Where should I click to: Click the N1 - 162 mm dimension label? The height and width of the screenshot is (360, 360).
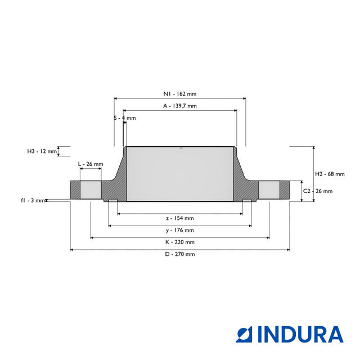[179, 94]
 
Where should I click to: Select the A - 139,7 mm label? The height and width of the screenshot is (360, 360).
[179, 106]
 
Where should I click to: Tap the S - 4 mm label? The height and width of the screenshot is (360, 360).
[125, 118]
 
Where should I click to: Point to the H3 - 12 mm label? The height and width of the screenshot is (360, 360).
[42, 151]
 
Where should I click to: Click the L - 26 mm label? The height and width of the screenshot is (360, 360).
[91, 164]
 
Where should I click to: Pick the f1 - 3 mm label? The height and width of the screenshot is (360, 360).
[33, 200]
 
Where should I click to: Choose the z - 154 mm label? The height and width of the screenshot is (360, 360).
[179, 218]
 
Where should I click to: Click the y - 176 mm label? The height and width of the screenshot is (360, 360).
[179, 230]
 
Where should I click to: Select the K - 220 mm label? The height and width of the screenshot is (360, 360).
[179, 242]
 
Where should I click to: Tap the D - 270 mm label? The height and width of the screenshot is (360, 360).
[179, 254]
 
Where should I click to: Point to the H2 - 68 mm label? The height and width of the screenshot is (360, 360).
[329, 173]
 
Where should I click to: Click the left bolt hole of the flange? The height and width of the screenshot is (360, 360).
[91, 189]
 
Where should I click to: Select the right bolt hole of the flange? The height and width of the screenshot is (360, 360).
[269, 189]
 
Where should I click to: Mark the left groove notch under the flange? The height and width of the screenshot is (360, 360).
[112, 201]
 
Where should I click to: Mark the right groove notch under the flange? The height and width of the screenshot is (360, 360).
[247, 201]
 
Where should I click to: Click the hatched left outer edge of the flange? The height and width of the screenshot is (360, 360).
[75, 189]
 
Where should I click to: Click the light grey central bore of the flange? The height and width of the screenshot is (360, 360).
[180, 174]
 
